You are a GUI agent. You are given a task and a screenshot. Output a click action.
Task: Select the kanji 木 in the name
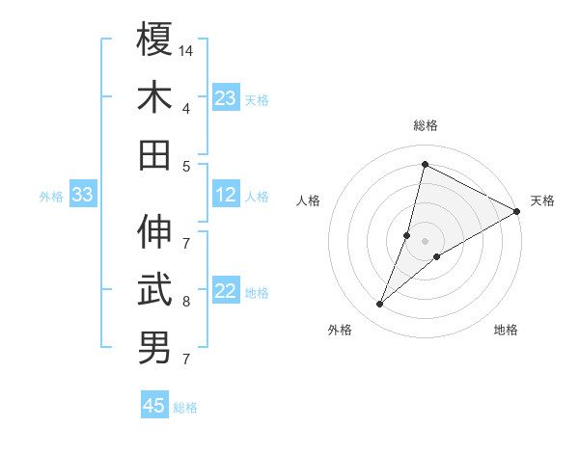coord(154,97)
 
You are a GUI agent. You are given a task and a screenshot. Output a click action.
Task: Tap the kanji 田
coord(154,155)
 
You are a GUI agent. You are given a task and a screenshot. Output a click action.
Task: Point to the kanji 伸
coord(154,231)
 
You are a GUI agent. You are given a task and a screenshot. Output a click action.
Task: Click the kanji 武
coord(154,289)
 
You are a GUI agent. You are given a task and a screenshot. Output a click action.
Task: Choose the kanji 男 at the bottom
coord(154,348)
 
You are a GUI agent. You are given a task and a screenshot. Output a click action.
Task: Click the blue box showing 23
coord(226,98)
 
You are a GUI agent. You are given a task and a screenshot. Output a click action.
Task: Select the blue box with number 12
coord(226,196)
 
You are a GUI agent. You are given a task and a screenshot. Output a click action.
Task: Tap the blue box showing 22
coord(226,292)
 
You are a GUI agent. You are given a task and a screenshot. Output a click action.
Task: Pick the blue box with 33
coord(82,196)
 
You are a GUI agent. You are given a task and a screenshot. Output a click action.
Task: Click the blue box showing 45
coord(154,406)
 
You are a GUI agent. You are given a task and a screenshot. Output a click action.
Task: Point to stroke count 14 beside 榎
coord(187,48)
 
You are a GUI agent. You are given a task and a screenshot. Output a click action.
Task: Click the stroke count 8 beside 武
coord(186,302)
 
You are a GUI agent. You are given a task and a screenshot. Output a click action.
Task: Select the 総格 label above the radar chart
coord(425,126)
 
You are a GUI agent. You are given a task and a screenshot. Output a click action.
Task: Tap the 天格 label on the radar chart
coord(542,200)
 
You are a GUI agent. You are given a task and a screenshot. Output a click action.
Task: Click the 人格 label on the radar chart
coord(308,200)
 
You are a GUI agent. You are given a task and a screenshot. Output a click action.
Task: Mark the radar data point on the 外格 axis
coord(380,305)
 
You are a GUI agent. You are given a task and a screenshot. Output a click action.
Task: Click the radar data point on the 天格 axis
coord(517,211)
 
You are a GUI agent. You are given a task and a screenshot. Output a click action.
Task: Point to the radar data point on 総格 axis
coord(425,164)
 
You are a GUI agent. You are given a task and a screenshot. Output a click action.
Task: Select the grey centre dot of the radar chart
coord(425,241)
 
